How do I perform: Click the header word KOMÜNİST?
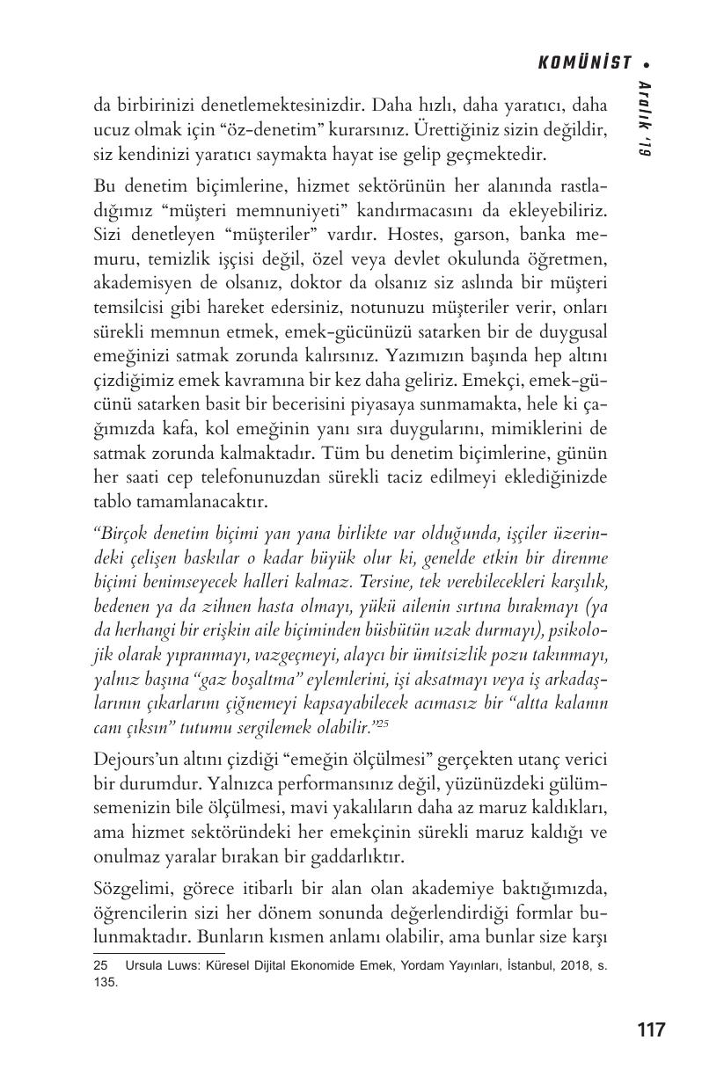tap(585, 62)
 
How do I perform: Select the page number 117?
tap(650, 1029)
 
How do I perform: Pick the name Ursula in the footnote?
tap(143, 964)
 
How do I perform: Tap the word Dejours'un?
tap(135, 759)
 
